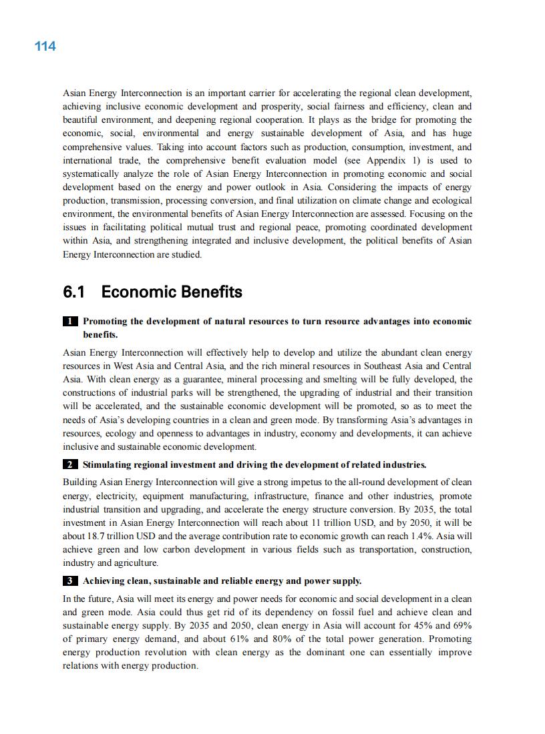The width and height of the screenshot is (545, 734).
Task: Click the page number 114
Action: [45, 46]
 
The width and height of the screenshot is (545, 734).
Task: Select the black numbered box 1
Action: [70, 322]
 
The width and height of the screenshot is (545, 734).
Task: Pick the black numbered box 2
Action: [70, 464]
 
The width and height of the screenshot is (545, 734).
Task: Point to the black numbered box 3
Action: [70, 581]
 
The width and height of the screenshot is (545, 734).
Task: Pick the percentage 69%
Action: [462, 625]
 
